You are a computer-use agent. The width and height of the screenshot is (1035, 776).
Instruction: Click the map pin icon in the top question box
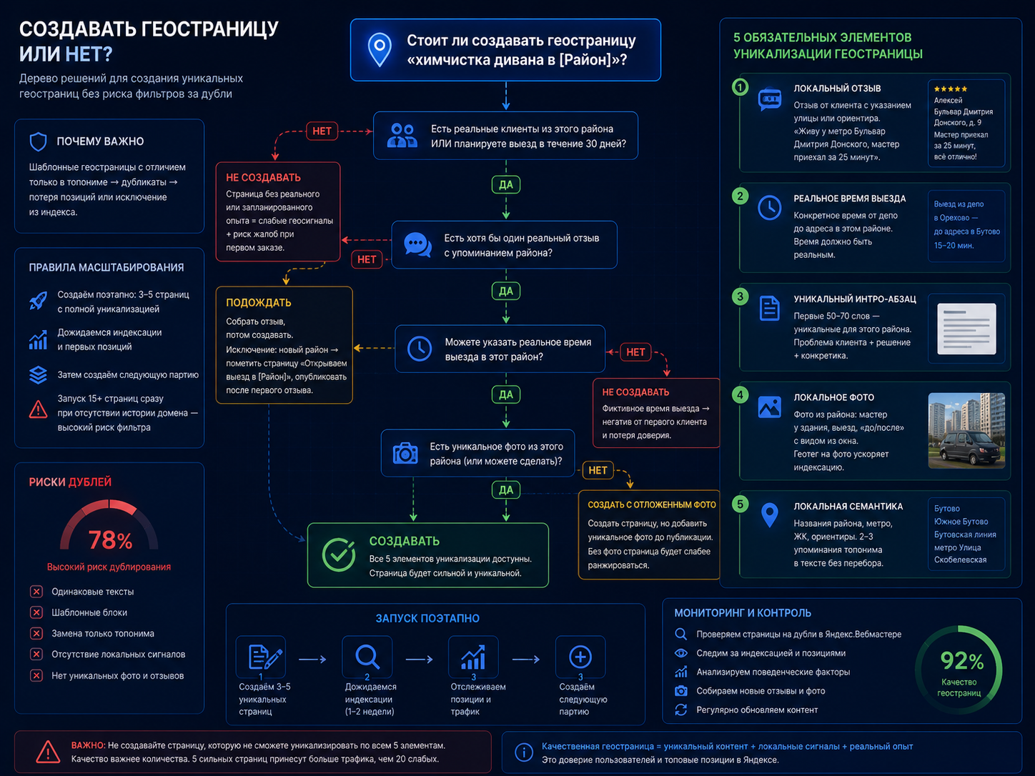(380, 49)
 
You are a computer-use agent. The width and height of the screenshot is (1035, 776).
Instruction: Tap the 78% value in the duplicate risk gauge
(110, 540)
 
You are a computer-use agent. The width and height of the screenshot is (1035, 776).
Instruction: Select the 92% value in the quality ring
(962, 660)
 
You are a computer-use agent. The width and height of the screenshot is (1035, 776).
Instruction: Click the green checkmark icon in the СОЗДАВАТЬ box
(339, 554)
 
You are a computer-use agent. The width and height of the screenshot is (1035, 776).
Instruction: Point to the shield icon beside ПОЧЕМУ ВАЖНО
(38, 141)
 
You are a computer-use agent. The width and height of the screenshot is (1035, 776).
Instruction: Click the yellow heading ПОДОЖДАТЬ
(259, 302)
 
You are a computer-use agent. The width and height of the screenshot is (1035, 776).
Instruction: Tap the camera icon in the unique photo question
(405, 453)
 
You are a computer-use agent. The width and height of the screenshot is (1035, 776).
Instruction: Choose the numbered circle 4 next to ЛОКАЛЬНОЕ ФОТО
(740, 395)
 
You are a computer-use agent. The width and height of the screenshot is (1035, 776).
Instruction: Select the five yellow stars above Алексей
(951, 89)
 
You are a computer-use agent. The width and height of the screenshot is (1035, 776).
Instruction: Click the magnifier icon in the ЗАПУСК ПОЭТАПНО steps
(367, 657)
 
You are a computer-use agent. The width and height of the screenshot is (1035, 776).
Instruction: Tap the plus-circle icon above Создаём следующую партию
(580, 657)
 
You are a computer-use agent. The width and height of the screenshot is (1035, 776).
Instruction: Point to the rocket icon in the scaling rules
(38, 301)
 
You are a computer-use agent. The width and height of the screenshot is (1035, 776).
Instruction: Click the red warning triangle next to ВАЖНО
(48, 752)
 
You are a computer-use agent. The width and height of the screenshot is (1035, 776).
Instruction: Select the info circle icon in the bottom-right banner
(524, 752)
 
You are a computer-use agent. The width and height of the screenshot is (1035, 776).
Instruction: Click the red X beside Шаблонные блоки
(36, 612)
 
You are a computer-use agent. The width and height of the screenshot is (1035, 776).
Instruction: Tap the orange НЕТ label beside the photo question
(598, 470)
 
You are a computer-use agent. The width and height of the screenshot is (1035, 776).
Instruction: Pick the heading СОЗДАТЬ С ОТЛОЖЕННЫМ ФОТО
(652, 504)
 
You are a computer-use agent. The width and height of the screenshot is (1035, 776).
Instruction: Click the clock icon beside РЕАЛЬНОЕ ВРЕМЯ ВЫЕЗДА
(770, 207)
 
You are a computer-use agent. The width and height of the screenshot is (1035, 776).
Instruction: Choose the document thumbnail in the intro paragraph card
(966, 329)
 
